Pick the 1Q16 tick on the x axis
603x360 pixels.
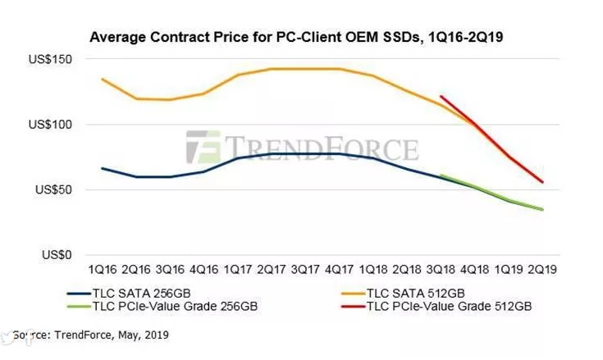coord(103,268)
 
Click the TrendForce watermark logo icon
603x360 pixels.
coord(203,148)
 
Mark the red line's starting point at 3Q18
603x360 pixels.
coord(442,97)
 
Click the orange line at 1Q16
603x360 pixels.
coord(103,79)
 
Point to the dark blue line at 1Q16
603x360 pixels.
coord(103,168)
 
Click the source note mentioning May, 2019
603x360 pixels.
coord(90,335)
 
